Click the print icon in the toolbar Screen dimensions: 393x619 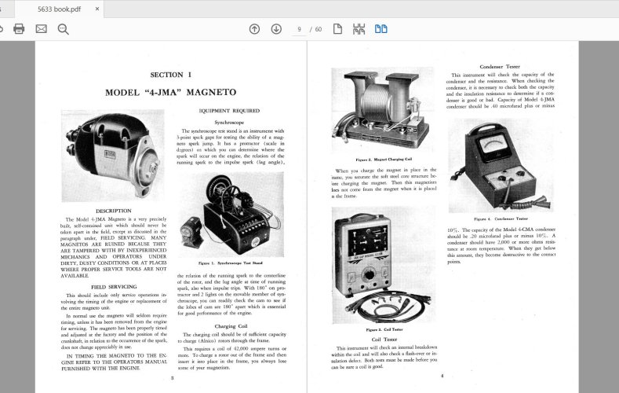(19, 29)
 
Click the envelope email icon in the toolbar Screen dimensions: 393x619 (41, 29)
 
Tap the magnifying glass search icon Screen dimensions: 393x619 (64, 29)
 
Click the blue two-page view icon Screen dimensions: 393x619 (381, 29)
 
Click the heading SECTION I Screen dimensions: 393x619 (171, 75)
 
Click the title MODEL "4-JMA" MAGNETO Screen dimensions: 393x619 (171, 93)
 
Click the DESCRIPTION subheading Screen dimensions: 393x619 (113, 211)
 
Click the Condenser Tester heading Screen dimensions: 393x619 (502, 67)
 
